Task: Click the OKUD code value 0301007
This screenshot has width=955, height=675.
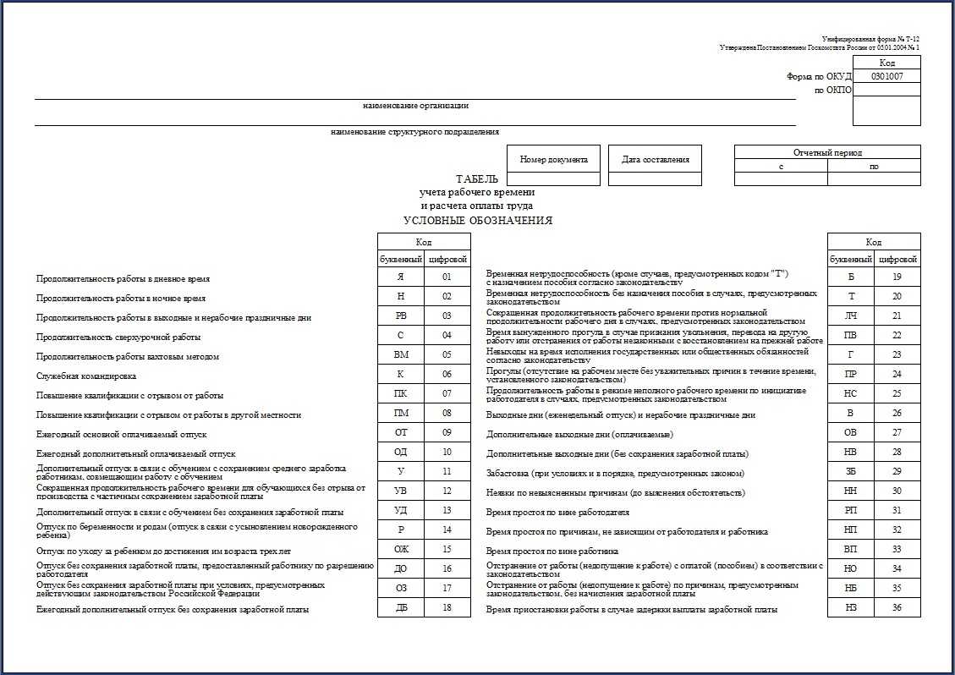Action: tap(886, 75)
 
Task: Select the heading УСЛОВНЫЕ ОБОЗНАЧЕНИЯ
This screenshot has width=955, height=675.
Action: tap(478, 221)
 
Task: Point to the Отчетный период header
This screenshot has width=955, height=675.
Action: tap(826, 152)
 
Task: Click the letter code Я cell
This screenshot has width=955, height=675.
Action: tap(401, 277)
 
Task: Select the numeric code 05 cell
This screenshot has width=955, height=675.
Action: tap(447, 354)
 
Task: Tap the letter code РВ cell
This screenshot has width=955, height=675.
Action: tap(401, 316)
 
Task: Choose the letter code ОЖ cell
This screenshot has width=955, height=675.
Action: tap(401, 549)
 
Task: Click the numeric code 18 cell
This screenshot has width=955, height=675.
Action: tap(447, 607)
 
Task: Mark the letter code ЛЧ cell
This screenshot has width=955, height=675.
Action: tap(850, 316)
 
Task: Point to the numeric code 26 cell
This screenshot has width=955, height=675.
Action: tap(897, 413)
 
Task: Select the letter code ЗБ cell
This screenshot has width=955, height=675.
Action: tap(850, 471)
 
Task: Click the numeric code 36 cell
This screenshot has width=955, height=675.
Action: tap(897, 607)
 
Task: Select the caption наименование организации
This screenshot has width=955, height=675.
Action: tap(415, 106)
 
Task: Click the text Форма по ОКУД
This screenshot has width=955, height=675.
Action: tap(819, 76)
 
